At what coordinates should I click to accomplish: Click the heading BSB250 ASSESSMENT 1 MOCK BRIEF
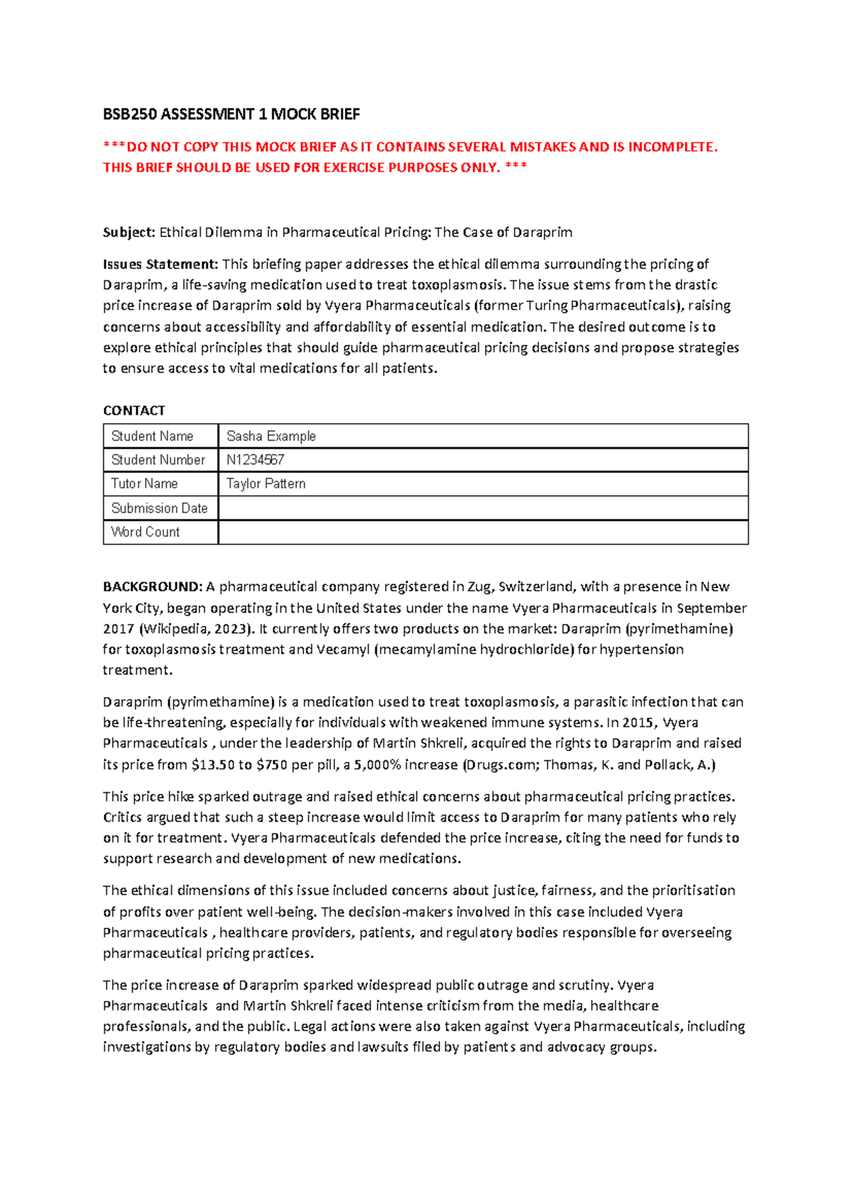click(x=231, y=114)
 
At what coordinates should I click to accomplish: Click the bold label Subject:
click(x=129, y=232)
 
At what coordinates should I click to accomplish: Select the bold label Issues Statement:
click(x=160, y=264)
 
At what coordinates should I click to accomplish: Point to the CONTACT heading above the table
click(x=133, y=410)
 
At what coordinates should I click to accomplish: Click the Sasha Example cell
click(x=271, y=436)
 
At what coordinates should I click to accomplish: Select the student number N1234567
click(x=256, y=460)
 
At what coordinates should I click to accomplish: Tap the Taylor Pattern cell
click(x=266, y=483)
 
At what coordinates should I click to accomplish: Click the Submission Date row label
click(x=159, y=508)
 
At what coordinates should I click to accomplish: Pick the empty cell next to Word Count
click(x=483, y=532)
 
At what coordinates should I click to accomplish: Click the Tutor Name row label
click(x=144, y=483)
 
